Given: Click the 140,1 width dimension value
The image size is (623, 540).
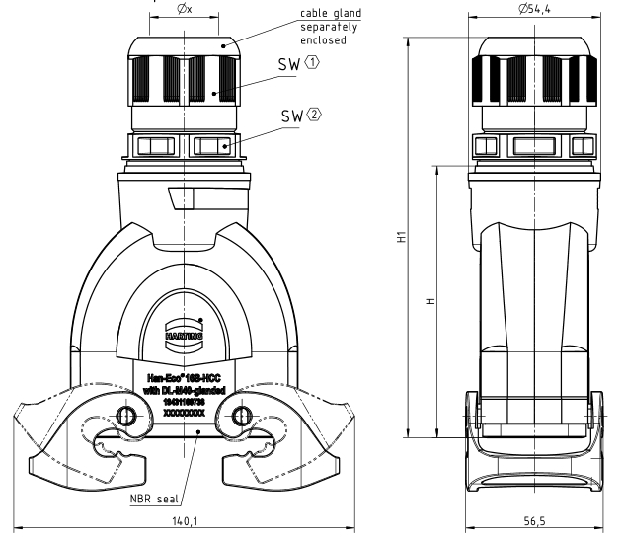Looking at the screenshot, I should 183,519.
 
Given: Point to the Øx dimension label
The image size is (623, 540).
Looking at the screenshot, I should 184,9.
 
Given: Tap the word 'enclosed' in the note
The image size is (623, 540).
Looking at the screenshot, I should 297,40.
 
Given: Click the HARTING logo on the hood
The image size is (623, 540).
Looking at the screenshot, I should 184,335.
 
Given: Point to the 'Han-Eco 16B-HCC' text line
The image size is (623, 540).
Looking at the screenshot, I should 184,377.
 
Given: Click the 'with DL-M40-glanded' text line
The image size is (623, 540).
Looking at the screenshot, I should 184,391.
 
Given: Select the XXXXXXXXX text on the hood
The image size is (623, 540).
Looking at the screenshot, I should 184,415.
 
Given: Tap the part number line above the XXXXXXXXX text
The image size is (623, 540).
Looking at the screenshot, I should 184,403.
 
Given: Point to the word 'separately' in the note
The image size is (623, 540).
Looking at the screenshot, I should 302,27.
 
